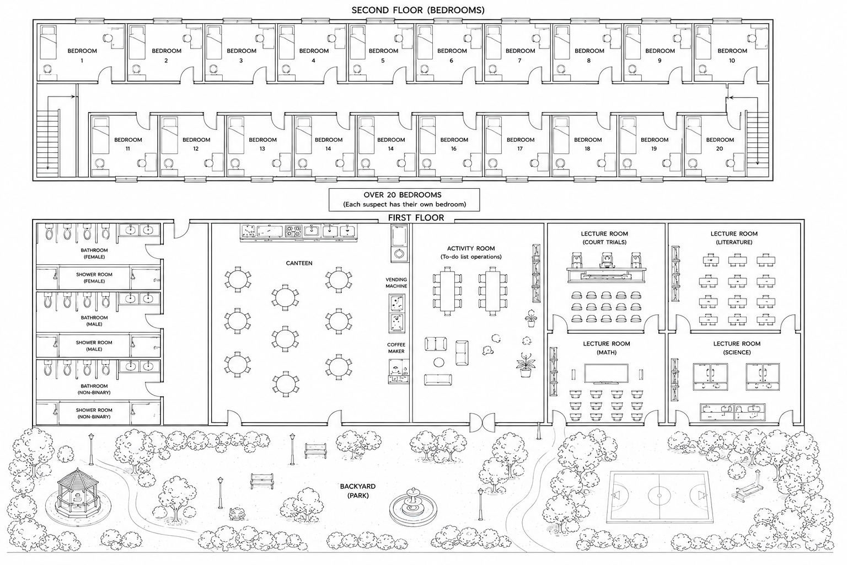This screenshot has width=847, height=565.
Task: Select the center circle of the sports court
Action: point(660,495)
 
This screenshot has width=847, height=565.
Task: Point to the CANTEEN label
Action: point(299,263)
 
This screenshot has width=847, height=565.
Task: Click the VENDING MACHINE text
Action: point(396,282)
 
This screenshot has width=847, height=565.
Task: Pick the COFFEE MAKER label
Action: point(396,348)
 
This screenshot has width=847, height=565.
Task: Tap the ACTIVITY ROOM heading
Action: point(471,248)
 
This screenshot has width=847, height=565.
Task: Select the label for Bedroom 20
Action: point(720,144)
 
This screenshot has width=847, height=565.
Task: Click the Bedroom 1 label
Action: point(82,55)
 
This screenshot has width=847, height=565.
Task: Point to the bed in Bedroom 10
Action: point(703,42)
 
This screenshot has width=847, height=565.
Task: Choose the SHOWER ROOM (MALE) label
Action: point(94,345)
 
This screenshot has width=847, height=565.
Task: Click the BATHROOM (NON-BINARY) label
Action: point(94,389)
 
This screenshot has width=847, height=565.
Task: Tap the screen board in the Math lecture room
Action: point(606,374)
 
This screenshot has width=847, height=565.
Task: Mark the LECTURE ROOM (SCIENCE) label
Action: point(737,348)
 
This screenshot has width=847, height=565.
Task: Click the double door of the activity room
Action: point(482,422)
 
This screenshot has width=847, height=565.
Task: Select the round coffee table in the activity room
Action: point(438,362)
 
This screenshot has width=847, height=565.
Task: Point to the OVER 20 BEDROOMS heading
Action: point(403,195)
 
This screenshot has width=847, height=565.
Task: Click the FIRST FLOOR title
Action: point(416,217)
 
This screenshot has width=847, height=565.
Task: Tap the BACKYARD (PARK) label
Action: point(358,491)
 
